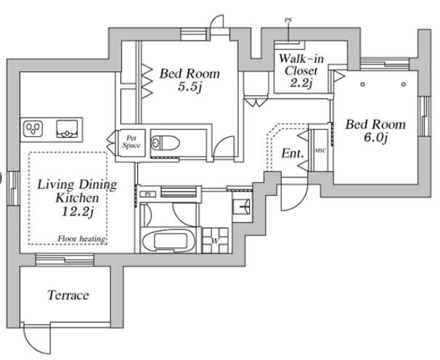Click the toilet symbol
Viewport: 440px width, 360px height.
pos(166,143)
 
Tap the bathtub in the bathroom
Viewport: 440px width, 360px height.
pos(168,241)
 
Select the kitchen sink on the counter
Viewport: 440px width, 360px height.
pos(67,129)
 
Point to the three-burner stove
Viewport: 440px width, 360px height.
pos(33,129)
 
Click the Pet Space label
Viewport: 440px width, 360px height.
pos(131,142)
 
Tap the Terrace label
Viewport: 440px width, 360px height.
pos(68,295)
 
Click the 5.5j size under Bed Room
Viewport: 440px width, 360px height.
pos(190,87)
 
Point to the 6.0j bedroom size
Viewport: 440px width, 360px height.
pos(375,138)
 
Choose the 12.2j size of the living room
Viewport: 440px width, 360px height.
pos(78,211)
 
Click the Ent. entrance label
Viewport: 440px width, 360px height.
pos(293,153)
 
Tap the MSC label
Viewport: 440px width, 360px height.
pos(320,151)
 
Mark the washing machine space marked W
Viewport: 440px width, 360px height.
pos(215,240)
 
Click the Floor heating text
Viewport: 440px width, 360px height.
pos(81,239)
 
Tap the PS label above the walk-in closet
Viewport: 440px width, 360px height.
pos(288,20)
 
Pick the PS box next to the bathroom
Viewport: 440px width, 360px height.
pos(147,194)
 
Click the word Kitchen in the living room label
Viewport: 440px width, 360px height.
pos(77,198)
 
